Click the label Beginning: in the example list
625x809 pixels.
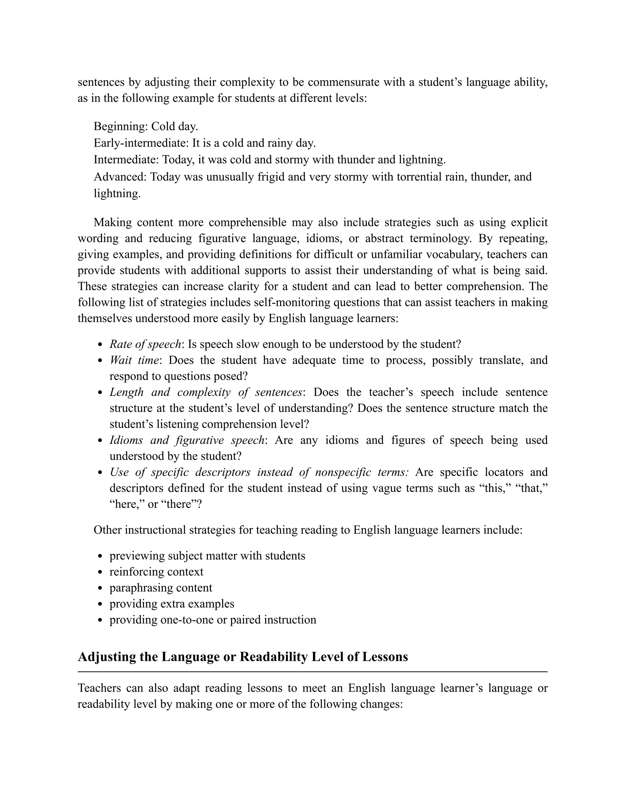pos(121,127)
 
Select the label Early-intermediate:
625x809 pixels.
pos(141,143)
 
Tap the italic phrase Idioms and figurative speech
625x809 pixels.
pos(186,441)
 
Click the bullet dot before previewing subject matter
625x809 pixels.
pos(100,556)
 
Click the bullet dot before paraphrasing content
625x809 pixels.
pos(100,588)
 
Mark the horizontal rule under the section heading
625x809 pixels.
pos(312,672)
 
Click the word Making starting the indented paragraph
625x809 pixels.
pos(112,223)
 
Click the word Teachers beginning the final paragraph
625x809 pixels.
pos(99,688)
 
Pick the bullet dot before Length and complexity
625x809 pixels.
pos(100,393)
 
